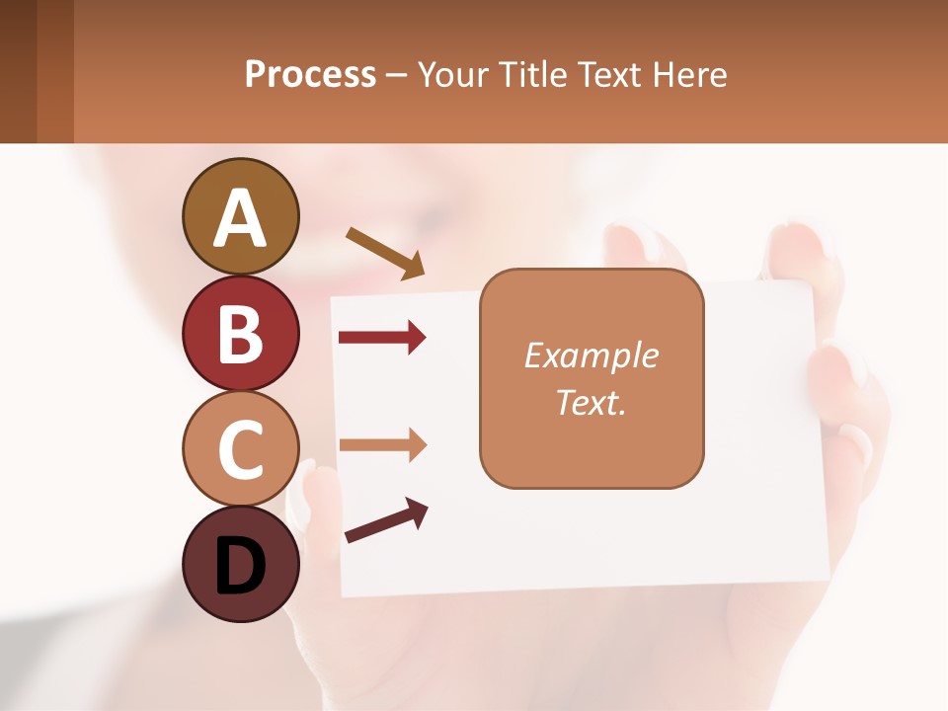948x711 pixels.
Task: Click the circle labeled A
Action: pos(240,217)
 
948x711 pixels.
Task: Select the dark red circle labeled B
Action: pos(240,333)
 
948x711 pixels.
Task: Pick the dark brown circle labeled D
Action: pos(240,565)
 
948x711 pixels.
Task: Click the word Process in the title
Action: pos(310,75)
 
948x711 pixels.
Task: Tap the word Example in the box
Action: pos(591,355)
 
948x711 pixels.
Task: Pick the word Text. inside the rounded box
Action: pos(591,402)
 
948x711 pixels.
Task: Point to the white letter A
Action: pos(240,217)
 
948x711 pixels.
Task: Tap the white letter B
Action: pos(240,334)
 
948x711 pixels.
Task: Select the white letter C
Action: pos(240,450)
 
